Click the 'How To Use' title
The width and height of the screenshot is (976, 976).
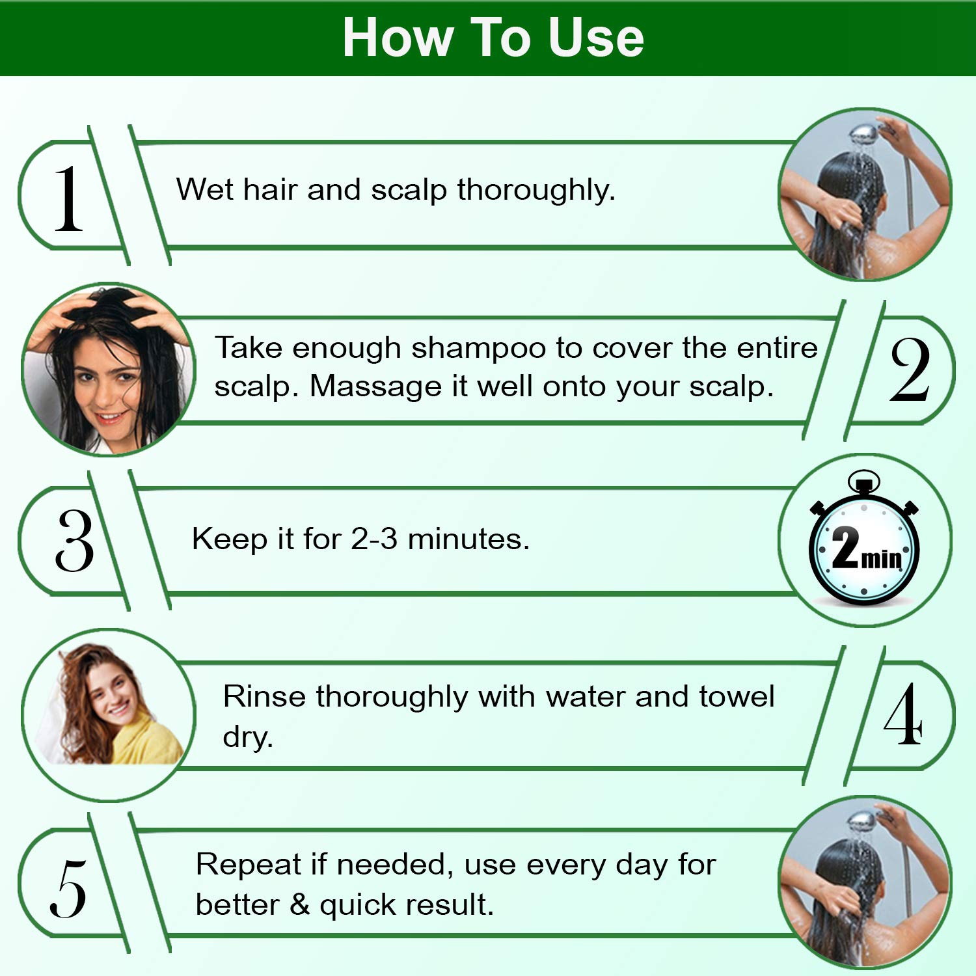[493, 38]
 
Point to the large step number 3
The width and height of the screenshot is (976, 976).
[74, 540]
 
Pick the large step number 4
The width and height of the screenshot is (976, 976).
[903, 714]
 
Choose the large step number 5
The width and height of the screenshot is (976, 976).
[68, 888]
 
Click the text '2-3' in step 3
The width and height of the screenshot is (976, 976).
[374, 539]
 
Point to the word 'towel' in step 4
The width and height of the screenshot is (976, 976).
[737, 696]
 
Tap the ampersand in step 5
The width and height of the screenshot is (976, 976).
[299, 904]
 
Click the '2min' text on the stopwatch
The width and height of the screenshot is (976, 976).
[866, 550]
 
